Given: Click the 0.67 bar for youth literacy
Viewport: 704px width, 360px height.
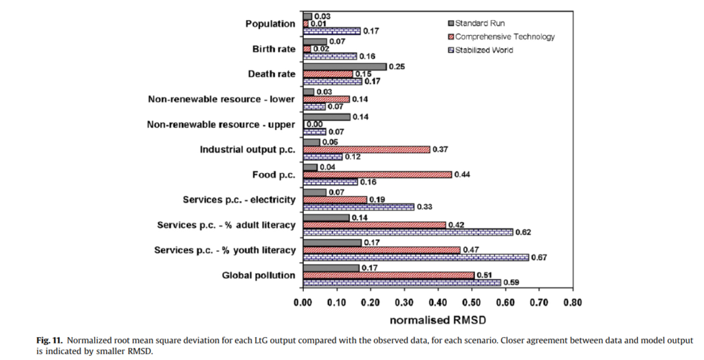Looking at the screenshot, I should pyautogui.click(x=415, y=257).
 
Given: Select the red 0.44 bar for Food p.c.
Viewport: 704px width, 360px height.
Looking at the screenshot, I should pyautogui.click(x=377, y=175).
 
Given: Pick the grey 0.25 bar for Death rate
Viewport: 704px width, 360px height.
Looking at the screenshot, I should pyautogui.click(x=344, y=67).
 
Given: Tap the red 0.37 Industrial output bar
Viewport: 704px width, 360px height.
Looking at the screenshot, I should pyautogui.click(x=366, y=149).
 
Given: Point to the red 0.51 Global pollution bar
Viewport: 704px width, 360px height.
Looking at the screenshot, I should pyautogui.click(x=388, y=275).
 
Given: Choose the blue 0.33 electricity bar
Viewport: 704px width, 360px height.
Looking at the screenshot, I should pyautogui.click(x=358, y=207).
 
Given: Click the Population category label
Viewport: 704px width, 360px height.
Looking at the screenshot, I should pyautogui.click(x=270, y=24).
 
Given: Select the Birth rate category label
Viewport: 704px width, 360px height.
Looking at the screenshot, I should pyautogui.click(x=274, y=49).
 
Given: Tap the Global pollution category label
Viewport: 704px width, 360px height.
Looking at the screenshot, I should pyautogui.click(x=258, y=275).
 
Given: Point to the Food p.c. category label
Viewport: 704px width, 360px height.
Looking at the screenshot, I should pyautogui.click(x=274, y=175).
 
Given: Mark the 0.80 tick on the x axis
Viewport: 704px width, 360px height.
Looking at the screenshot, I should pyautogui.click(x=572, y=302).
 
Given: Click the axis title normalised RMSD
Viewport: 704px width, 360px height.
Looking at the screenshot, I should pyautogui.click(x=437, y=320).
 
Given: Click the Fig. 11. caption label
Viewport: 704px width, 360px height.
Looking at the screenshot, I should pyautogui.click(x=49, y=341).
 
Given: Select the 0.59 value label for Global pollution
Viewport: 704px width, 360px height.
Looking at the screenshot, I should pyautogui.click(x=511, y=283).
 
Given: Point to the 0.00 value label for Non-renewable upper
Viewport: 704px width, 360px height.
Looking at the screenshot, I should pyautogui.click(x=314, y=124).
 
